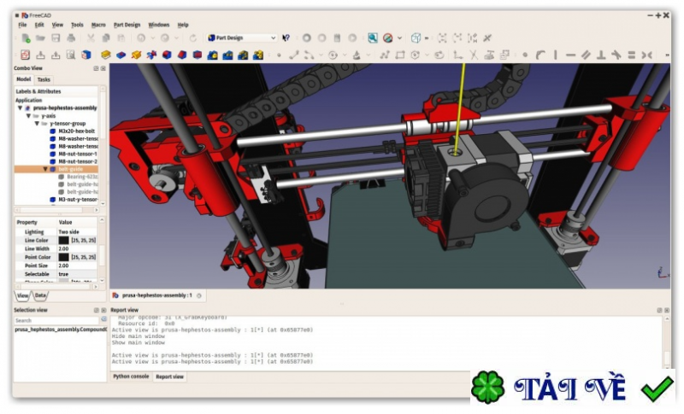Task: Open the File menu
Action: point(23,25)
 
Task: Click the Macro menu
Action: point(98,25)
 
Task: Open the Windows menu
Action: point(159,25)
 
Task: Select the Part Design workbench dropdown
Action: point(242,38)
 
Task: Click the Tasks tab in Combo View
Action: point(43,79)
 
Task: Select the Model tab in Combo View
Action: point(23,79)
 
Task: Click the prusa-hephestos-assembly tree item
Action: point(64,108)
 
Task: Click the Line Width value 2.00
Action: point(64,248)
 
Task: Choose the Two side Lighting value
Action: point(69,231)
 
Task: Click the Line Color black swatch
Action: point(64,240)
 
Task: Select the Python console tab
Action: point(130,376)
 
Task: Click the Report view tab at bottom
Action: point(170,376)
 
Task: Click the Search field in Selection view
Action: point(56,320)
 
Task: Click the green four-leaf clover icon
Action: point(488,388)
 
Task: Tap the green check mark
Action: point(657,388)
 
